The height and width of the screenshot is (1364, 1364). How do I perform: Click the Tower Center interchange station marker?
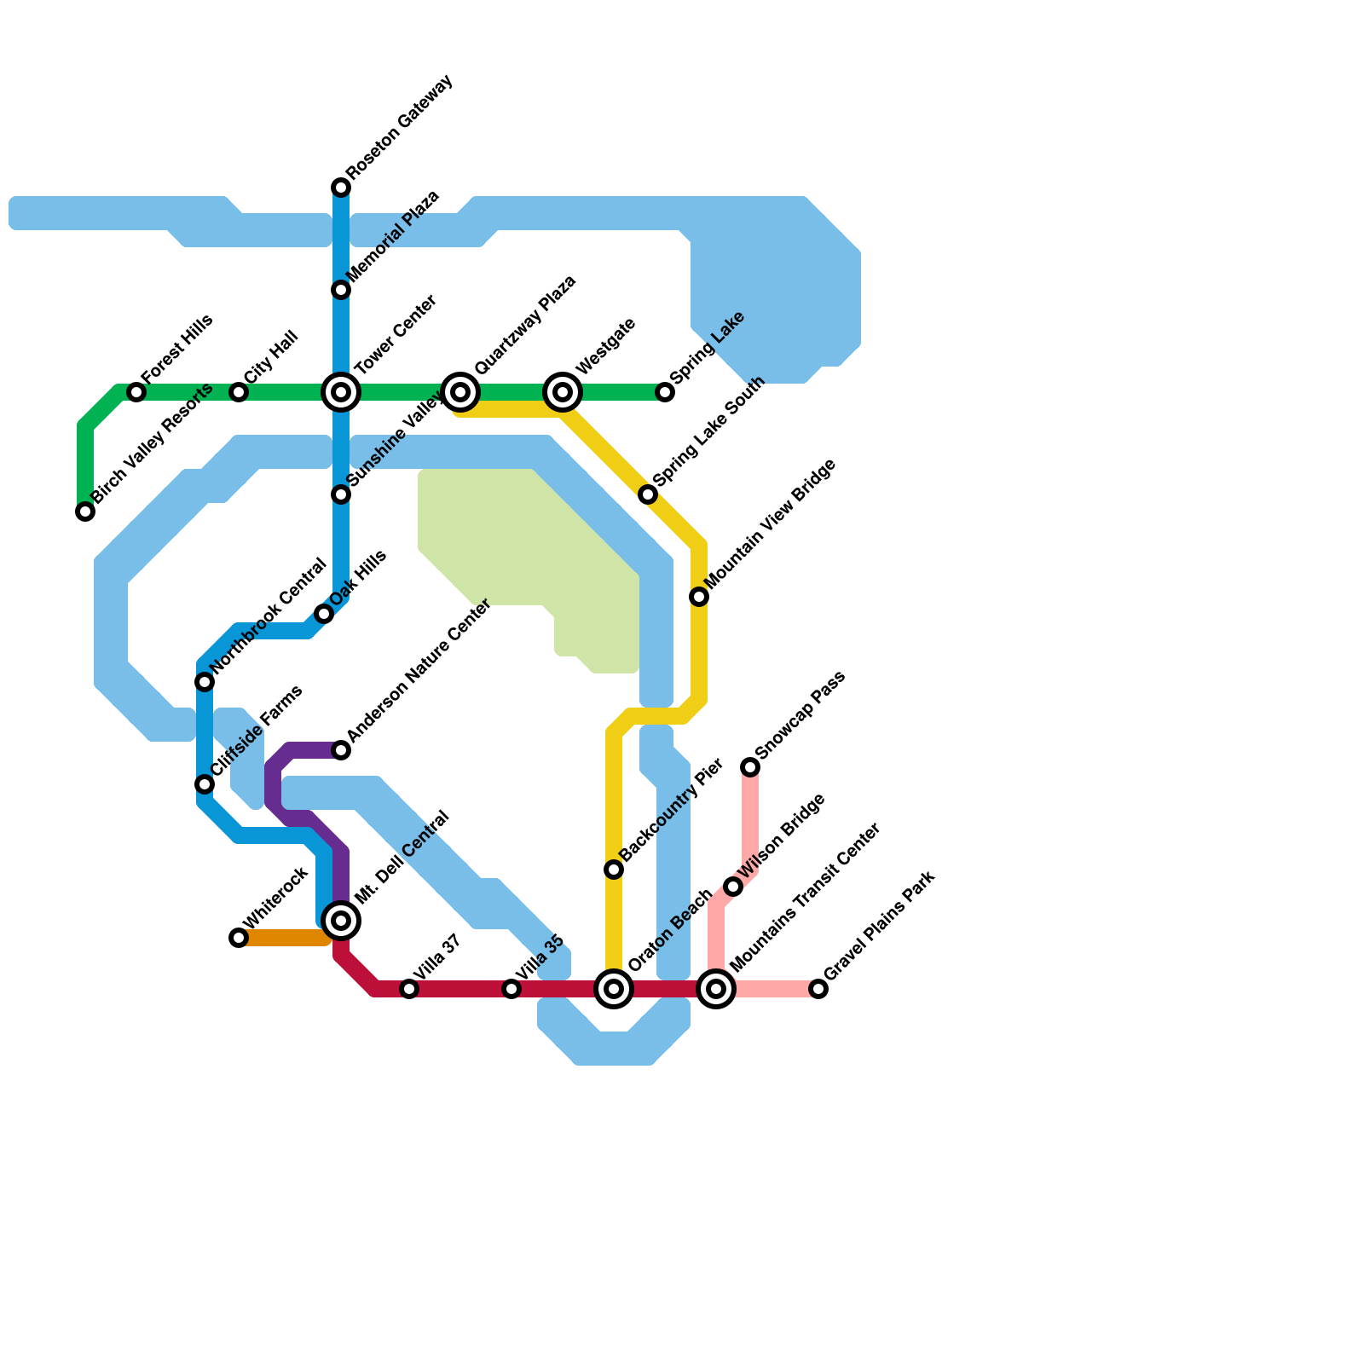(341, 392)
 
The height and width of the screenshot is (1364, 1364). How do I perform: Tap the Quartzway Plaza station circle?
(460, 392)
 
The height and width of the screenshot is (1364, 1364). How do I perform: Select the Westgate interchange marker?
(563, 392)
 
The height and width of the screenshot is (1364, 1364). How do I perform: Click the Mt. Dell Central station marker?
(341, 921)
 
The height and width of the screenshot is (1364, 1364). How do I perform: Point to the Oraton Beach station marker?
(614, 989)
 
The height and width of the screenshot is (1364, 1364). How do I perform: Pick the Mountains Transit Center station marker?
(717, 989)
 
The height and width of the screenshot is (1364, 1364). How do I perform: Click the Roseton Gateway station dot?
(341, 188)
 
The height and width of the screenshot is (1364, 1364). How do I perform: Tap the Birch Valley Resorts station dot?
(85, 511)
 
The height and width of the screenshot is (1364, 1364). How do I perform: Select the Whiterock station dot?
(239, 938)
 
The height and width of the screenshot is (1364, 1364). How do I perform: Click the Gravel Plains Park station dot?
(818, 989)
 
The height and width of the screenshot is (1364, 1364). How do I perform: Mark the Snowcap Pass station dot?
(750, 767)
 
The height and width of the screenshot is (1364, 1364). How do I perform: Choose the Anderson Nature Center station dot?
(341, 750)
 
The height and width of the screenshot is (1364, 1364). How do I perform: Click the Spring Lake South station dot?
(648, 494)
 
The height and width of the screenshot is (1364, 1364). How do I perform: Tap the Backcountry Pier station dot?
(614, 870)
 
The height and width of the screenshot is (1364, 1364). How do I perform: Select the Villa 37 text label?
(436, 958)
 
